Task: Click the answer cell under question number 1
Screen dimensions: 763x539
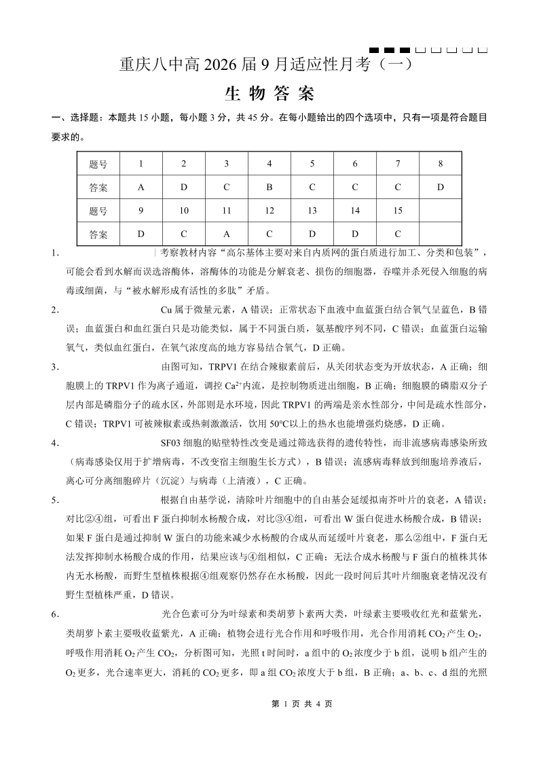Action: pos(141,188)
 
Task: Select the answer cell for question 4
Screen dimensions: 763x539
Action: pos(269,188)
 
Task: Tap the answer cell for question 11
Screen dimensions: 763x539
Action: pos(226,234)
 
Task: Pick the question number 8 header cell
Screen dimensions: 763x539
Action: pos(441,164)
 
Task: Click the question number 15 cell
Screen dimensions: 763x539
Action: pos(398,211)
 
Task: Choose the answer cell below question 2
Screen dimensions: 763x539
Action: pos(183,188)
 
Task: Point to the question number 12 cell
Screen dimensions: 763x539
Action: pos(269,211)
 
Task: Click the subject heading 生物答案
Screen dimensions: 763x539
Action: pos(269,94)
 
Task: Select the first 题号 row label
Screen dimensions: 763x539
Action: pos(98,164)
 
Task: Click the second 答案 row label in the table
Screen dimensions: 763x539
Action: pos(98,234)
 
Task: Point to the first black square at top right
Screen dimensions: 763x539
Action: pos(373,50)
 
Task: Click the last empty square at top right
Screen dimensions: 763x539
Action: pos(483,50)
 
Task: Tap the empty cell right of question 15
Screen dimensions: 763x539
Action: pos(441,211)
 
